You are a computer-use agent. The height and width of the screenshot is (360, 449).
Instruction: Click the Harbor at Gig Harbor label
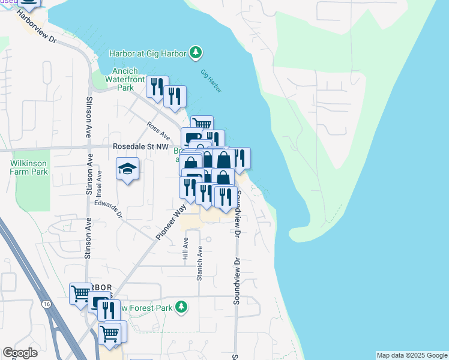[148, 53]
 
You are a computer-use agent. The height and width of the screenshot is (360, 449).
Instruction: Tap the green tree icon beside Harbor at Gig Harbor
[195, 53]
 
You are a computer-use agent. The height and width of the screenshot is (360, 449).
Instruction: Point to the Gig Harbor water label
[211, 81]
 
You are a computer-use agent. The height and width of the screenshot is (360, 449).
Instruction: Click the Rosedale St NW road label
[140, 146]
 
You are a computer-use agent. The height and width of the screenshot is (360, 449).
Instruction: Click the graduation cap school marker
[128, 169]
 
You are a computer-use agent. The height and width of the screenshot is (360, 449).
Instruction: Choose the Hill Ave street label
[185, 248]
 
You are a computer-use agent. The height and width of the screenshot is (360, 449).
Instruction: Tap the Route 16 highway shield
[46, 305]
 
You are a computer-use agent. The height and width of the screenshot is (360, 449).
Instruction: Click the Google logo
[20, 353]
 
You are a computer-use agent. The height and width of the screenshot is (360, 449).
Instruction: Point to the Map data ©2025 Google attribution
[412, 355]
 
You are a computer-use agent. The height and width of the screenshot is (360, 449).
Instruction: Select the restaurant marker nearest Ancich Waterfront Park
[157, 87]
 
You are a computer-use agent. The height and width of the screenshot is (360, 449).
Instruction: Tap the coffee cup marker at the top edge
[28, 3]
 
